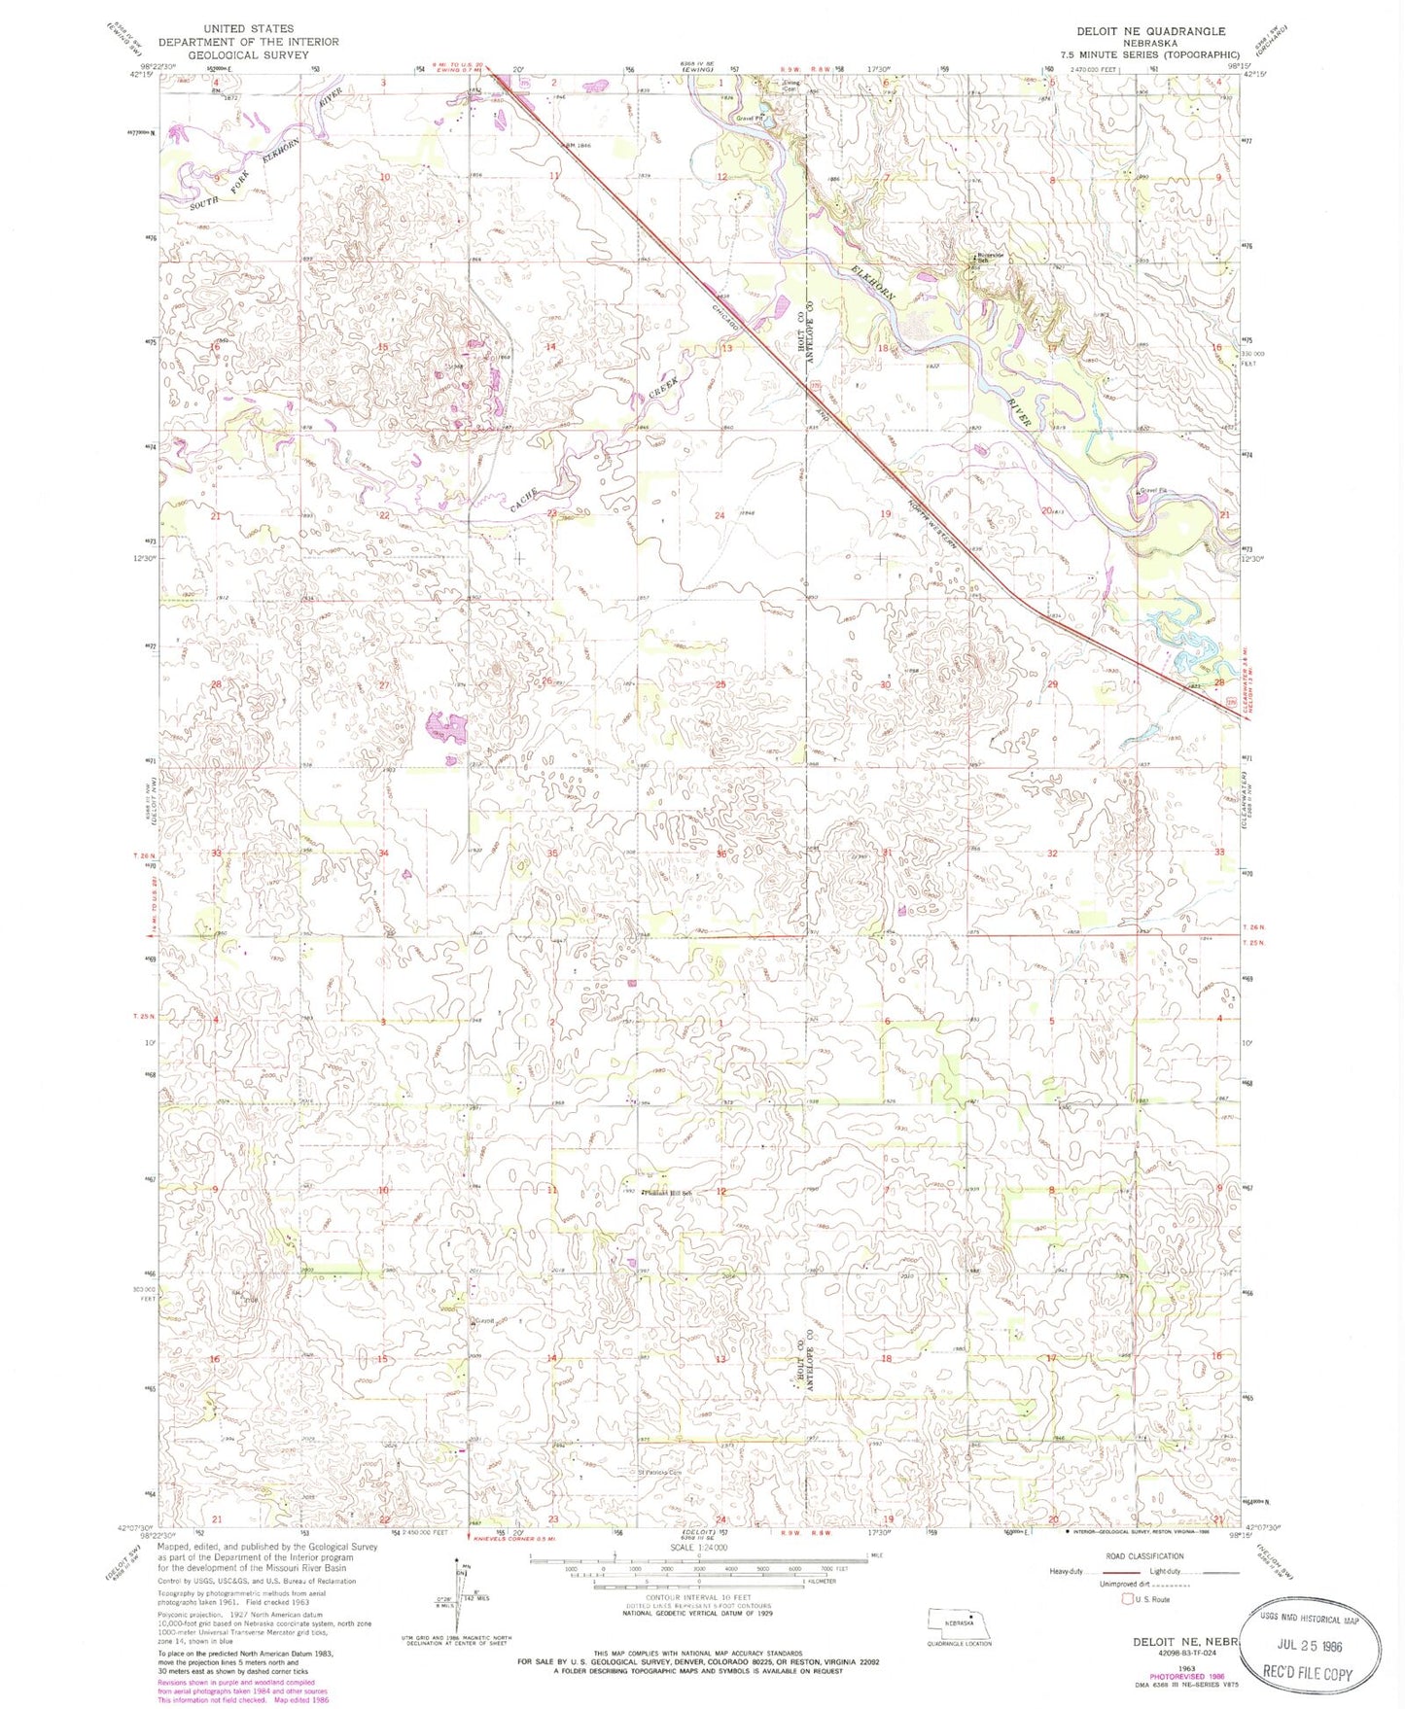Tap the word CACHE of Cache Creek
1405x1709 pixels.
pyautogui.click(x=524, y=500)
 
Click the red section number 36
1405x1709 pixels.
pyautogui.click(x=720, y=854)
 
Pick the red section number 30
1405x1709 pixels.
pyautogui.click(x=885, y=684)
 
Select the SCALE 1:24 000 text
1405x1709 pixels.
pyautogui.click(x=697, y=1547)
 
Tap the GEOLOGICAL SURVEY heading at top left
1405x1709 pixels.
pyautogui.click(x=248, y=54)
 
